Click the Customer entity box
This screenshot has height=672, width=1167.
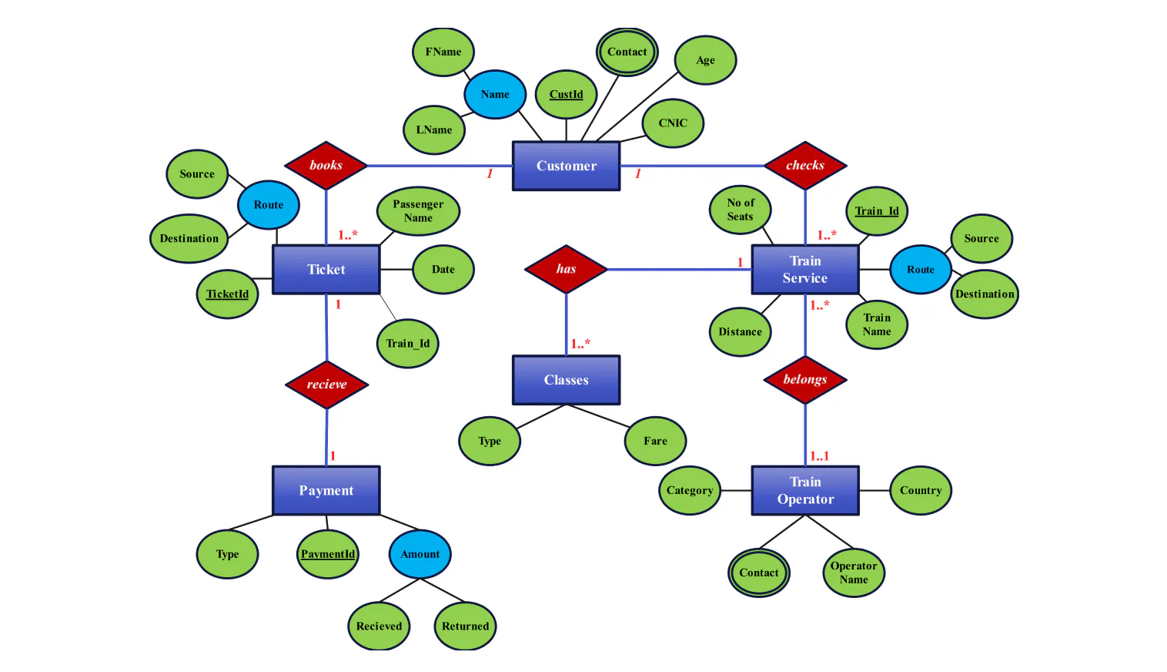(566, 166)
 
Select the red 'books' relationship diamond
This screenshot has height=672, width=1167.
(326, 166)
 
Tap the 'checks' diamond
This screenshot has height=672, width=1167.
(805, 166)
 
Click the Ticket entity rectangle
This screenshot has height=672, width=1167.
(326, 270)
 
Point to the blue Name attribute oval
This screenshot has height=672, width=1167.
(495, 95)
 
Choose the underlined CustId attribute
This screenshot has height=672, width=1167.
(566, 95)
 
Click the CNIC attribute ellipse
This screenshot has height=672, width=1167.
(673, 123)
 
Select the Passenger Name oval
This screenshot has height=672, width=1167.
(418, 211)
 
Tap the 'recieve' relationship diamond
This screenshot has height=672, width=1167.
(326, 385)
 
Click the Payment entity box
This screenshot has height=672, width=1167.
(326, 490)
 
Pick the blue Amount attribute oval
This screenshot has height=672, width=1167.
(420, 554)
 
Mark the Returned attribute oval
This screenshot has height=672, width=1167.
(465, 626)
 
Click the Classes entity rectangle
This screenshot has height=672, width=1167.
(566, 380)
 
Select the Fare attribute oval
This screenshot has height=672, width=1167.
(655, 441)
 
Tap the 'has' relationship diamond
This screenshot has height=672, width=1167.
(566, 269)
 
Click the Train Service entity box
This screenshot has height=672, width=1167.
(805, 270)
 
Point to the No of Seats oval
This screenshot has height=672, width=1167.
(740, 210)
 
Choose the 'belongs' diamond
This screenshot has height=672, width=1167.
(805, 380)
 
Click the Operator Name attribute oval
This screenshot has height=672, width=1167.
(854, 573)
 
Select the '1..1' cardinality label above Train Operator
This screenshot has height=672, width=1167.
(819, 456)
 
